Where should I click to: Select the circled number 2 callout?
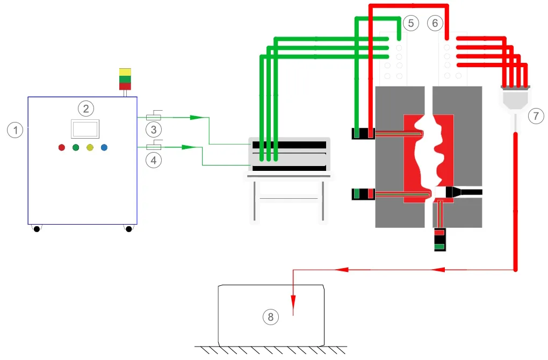[x=85, y=109]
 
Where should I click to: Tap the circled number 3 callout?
[x=154, y=129]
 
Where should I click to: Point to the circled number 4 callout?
[x=154, y=160]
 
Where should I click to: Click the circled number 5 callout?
[x=410, y=23]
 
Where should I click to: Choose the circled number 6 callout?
[x=435, y=23]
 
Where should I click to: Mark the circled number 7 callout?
[x=535, y=115]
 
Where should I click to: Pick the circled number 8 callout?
[x=270, y=317]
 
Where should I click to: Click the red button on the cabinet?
[x=62, y=147]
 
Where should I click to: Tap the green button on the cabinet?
[x=76, y=147]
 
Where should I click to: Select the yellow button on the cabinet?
[x=90, y=147]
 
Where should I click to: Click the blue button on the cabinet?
[x=104, y=147]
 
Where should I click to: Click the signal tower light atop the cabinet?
[x=125, y=79]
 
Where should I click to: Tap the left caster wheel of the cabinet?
[x=37, y=229]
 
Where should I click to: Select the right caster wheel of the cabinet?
[x=128, y=229]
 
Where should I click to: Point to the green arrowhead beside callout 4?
[x=188, y=147]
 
